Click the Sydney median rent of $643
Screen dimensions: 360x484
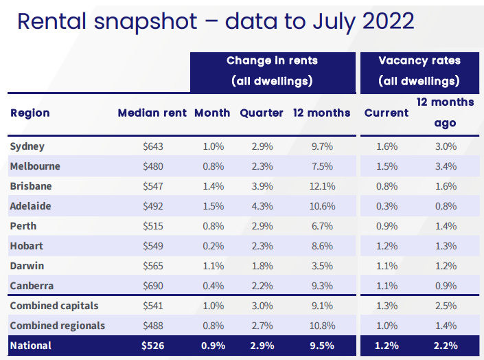(153, 146)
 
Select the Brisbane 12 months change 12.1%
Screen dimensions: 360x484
(321, 186)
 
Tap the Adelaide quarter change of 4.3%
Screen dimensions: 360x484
(261, 206)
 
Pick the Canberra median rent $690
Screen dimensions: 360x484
(153, 286)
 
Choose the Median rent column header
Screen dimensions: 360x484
(152, 113)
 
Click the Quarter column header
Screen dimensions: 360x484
(261, 113)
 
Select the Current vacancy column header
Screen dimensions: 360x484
(387, 113)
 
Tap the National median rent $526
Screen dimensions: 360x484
(153, 346)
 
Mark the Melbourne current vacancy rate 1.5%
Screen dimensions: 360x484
(387, 166)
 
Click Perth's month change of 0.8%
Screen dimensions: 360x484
(212, 226)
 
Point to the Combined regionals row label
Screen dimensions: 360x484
(57, 326)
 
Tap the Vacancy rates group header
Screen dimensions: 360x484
(419, 60)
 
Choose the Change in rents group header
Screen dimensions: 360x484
(272, 60)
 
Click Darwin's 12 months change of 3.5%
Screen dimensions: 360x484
(321, 266)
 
